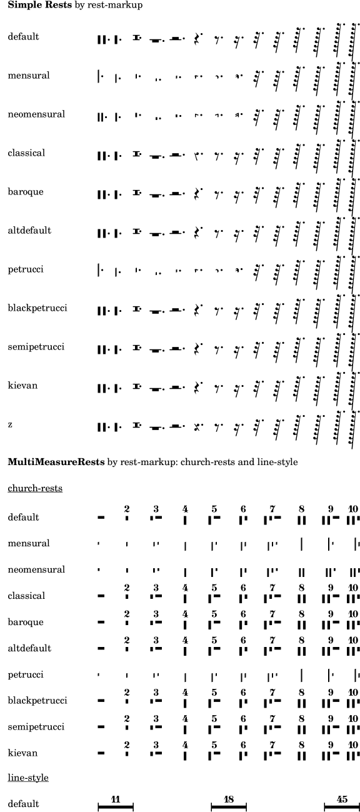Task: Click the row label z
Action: tap(10, 425)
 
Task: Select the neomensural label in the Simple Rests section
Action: tap(36, 114)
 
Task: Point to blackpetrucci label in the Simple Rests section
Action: tap(37, 308)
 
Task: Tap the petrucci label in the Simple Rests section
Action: tap(25, 269)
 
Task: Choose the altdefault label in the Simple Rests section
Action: tap(29, 231)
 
